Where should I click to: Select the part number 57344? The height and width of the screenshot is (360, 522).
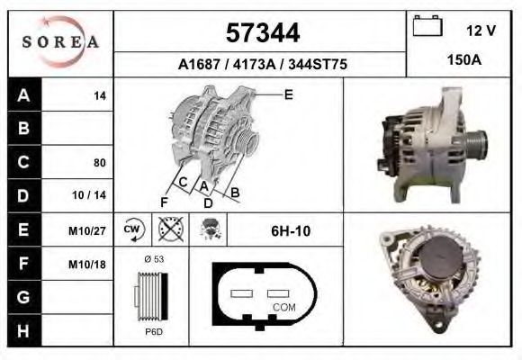click(262, 33)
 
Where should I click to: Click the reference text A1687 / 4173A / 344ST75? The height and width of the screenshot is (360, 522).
click(262, 65)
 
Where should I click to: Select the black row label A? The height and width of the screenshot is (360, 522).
click(24, 95)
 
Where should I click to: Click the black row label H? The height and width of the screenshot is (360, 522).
click(24, 330)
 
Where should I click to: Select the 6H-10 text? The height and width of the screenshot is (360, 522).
click(290, 231)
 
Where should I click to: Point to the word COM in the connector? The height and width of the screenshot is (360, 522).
click(283, 307)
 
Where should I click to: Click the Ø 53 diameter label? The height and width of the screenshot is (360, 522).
click(154, 259)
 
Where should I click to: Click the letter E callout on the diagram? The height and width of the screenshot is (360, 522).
click(288, 94)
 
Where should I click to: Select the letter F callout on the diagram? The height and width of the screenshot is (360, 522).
click(164, 200)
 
